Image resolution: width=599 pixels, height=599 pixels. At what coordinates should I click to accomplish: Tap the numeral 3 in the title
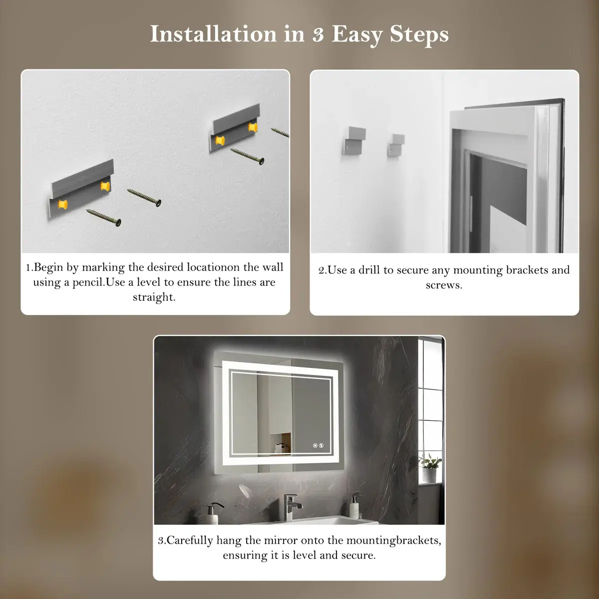click(318, 35)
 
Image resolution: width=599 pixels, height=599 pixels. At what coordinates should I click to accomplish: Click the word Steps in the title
click(419, 35)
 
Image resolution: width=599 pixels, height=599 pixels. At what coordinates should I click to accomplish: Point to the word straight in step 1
click(154, 298)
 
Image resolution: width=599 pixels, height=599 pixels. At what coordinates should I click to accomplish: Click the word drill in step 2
click(369, 270)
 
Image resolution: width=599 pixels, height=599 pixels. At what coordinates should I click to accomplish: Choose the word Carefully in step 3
click(190, 541)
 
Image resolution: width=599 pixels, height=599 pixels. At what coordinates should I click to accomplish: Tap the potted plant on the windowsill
click(430, 468)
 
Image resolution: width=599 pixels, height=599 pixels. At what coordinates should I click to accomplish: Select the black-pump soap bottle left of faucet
click(213, 513)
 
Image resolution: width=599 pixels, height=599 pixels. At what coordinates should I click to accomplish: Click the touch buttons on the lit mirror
click(318, 445)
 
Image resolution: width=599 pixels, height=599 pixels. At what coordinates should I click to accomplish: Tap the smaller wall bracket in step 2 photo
click(396, 145)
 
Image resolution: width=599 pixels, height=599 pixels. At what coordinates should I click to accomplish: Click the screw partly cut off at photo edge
click(280, 132)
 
